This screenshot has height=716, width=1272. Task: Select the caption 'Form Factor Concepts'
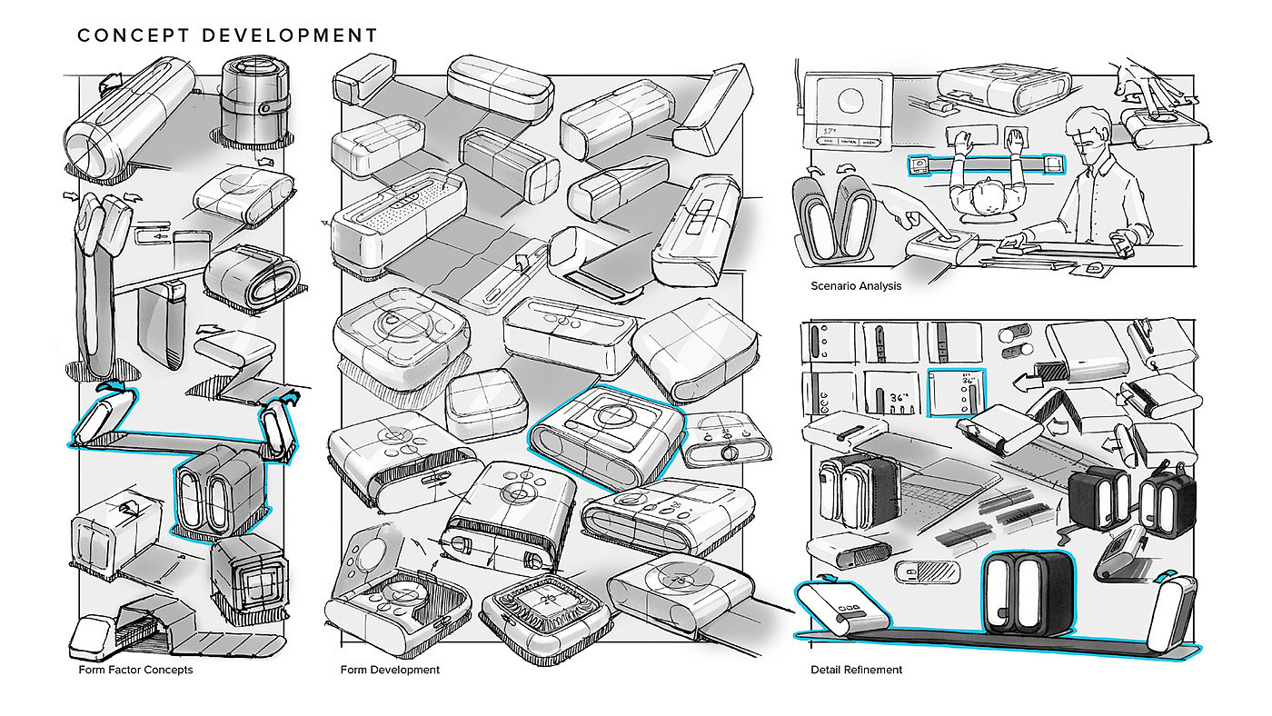135,671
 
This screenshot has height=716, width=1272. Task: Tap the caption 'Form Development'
390,671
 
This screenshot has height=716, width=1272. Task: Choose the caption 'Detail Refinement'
857,671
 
